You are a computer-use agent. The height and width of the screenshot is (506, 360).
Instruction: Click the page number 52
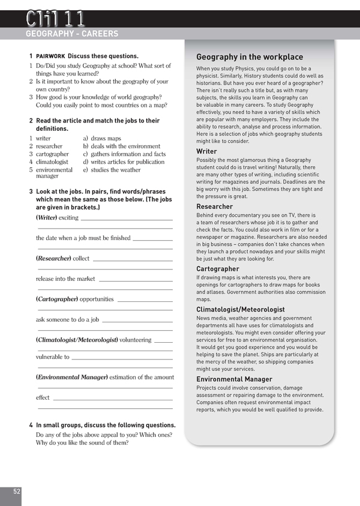[x=17, y=491]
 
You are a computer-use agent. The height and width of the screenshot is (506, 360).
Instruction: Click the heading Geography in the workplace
[x=250, y=57]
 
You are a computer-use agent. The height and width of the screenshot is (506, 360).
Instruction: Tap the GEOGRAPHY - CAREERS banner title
[x=72, y=34]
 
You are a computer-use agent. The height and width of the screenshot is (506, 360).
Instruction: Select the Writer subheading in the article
[x=206, y=152]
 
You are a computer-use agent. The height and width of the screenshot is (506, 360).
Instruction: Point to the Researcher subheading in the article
[x=214, y=206]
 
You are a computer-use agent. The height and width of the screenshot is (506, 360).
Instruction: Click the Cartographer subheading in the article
[x=218, y=269]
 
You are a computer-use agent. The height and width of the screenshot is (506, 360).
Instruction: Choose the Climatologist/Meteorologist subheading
[x=241, y=310]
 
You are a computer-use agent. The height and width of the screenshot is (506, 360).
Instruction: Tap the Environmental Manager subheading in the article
[x=234, y=379]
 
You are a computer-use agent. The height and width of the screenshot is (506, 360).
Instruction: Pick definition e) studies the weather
[x=112, y=170]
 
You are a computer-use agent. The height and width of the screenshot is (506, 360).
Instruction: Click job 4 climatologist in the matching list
[x=52, y=162]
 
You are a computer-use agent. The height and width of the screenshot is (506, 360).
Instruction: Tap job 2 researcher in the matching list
[x=49, y=146]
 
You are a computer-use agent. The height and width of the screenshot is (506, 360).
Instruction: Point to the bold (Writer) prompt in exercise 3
[x=47, y=217]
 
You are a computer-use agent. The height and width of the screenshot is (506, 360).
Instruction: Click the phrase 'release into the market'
[x=65, y=279]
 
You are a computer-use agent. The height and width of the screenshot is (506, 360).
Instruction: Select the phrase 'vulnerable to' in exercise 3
[x=52, y=357]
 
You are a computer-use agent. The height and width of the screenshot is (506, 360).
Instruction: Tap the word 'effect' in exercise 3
[x=43, y=397]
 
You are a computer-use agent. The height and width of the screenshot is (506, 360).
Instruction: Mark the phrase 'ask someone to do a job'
[x=67, y=319]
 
